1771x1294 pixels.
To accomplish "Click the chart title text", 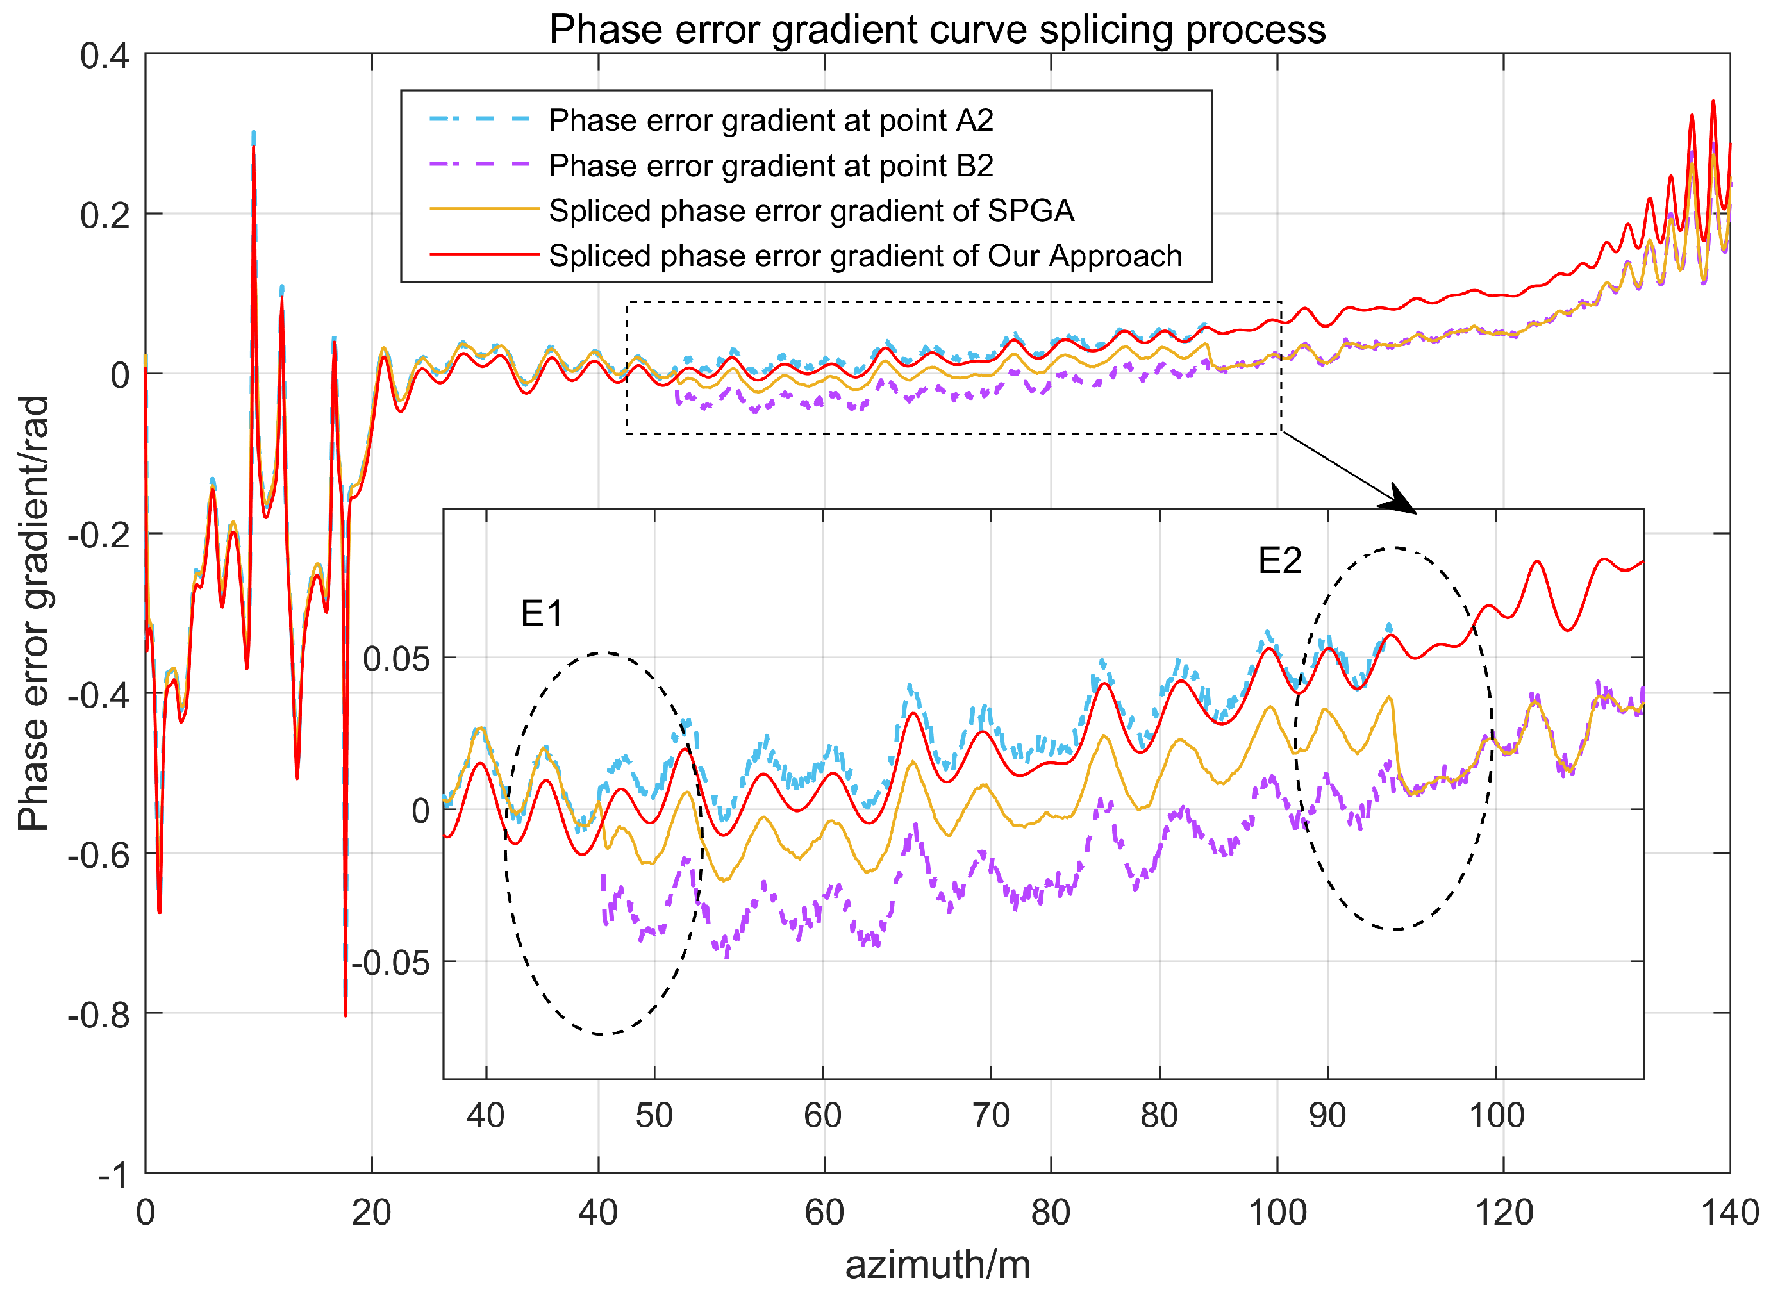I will click(x=937, y=29).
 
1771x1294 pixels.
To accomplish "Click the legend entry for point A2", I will click(x=770, y=120).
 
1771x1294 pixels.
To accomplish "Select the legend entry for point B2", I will click(x=770, y=165).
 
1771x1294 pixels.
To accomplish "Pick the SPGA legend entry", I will click(x=811, y=211).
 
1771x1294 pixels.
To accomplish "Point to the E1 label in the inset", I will click(x=541, y=613).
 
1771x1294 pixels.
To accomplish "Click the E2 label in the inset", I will click(x=1279, y=561).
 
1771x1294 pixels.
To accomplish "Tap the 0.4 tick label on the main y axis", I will click(x=105, y=56).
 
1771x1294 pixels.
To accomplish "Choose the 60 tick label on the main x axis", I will click(x=824, y=1213).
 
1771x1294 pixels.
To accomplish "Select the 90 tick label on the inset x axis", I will click(x=1327, y=1115).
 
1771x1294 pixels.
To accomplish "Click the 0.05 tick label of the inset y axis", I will click(x=396, y=659).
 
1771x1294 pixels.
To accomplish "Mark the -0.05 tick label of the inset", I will click(x=391, y=963).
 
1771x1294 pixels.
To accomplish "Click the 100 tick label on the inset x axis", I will click(x=1496, y=1115).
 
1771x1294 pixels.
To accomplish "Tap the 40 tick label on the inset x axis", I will click(x=486, y=1115).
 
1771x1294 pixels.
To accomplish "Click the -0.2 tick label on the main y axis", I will click(x=99, y=536).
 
